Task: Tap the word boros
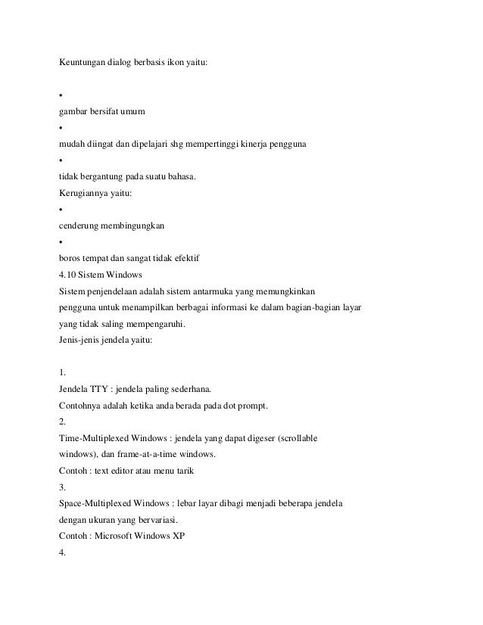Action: [73, 258]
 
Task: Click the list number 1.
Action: [63, 373]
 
